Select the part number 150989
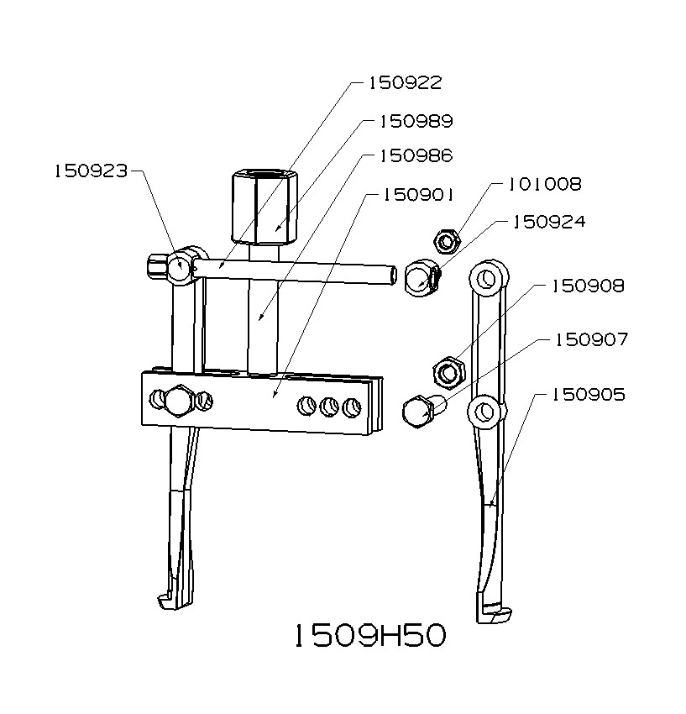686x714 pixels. point(416,122)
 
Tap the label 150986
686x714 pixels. point(416,156)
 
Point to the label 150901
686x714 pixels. point(418,195)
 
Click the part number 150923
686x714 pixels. point(91,171)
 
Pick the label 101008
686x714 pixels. point(545,184)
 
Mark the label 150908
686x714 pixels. point(588,286)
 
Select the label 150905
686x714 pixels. point(588,395)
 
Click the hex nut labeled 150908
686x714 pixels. point(448,371)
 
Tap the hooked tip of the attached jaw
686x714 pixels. point(167,601)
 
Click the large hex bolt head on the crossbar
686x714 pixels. point(177,401)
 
